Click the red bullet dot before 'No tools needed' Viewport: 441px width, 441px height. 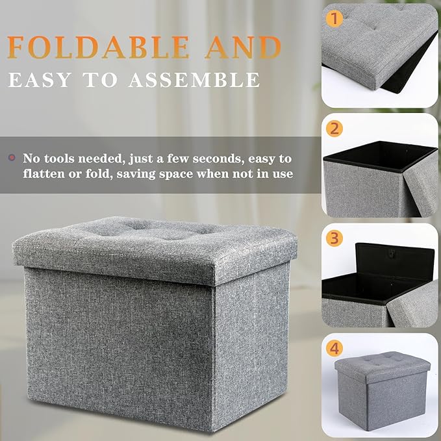tap(11, 158)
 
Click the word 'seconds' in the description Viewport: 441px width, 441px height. tap(214, 158)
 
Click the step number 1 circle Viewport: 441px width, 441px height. tap(335, 18)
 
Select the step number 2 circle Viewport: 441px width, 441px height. tap(335, 128)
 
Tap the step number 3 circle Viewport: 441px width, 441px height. tap(335, 238)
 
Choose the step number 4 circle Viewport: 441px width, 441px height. tap(335, 348)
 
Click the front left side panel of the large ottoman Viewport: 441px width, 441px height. tap(117, 344)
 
